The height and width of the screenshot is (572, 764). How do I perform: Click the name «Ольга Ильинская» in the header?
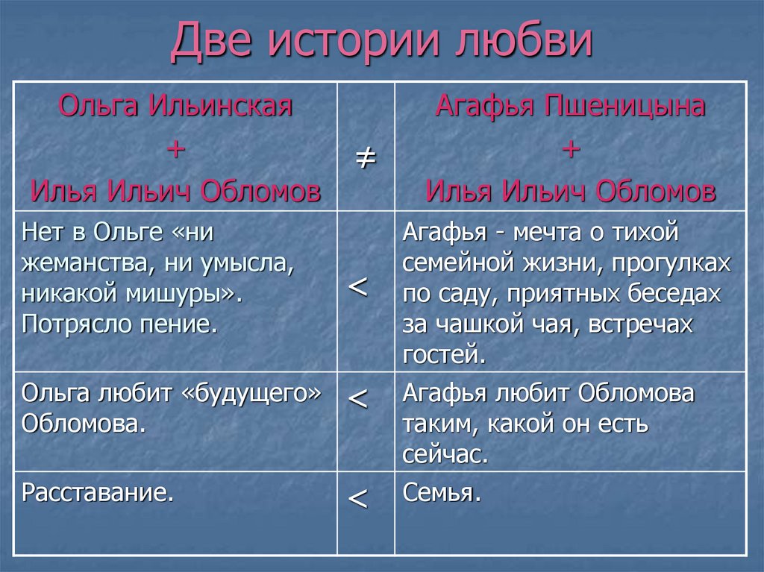pos(176,106)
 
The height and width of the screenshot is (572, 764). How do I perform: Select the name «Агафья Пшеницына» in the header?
pos(571,106)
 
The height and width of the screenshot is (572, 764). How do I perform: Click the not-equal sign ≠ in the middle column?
pos(364,158)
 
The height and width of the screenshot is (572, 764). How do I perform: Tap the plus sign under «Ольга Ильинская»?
pos(176,148)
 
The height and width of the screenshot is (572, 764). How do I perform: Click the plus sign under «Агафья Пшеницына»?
pos(571,148)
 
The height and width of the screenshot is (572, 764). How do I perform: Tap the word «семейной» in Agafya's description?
pos(455,263)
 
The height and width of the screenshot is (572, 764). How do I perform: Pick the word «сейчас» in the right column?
pos(443,454)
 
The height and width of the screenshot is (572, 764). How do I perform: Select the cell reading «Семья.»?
pos(441,493)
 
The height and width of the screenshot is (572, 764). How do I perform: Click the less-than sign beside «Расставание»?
pos(358,499)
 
